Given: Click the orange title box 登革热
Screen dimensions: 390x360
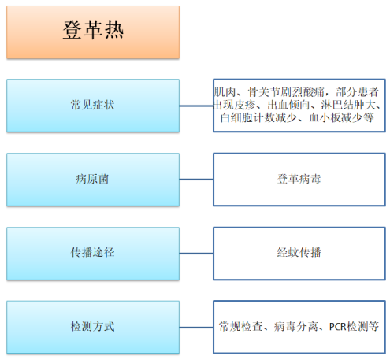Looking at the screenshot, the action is (x=93, y=32).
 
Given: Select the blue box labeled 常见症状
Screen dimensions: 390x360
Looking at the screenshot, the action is (x=93, y=106).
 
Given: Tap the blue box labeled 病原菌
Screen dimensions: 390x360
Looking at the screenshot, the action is (x=93, y=180).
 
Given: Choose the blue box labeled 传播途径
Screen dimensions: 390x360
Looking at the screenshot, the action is (x=93, y=254).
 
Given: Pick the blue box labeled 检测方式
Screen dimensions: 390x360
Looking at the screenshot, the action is (x=93, y=328).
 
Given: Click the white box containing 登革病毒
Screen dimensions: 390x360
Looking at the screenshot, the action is (x=299, y=180).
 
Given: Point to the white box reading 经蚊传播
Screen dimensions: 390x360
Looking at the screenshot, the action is (x=299, y=254).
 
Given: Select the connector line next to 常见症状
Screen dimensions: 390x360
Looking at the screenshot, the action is (x=196, y=106).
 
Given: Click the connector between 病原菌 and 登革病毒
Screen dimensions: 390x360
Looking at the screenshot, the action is (x=196, y=180).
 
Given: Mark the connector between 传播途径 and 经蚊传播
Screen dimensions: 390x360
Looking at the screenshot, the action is (x=196, y=254).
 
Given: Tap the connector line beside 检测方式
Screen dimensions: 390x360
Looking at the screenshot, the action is (x=196, y=328).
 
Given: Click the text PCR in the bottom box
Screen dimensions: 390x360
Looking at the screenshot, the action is (x=338, y=327).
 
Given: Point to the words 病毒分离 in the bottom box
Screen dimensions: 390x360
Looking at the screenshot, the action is (x=296, y=327).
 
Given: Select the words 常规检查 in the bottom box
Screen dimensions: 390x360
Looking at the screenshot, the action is (x=241, y=327).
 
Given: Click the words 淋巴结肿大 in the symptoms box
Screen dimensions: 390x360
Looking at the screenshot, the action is (x=348, y=105).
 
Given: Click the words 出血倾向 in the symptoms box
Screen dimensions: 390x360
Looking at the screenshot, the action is (x=288, y=105).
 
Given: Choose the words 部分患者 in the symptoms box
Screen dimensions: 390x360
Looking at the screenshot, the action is (x=357, y=92).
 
